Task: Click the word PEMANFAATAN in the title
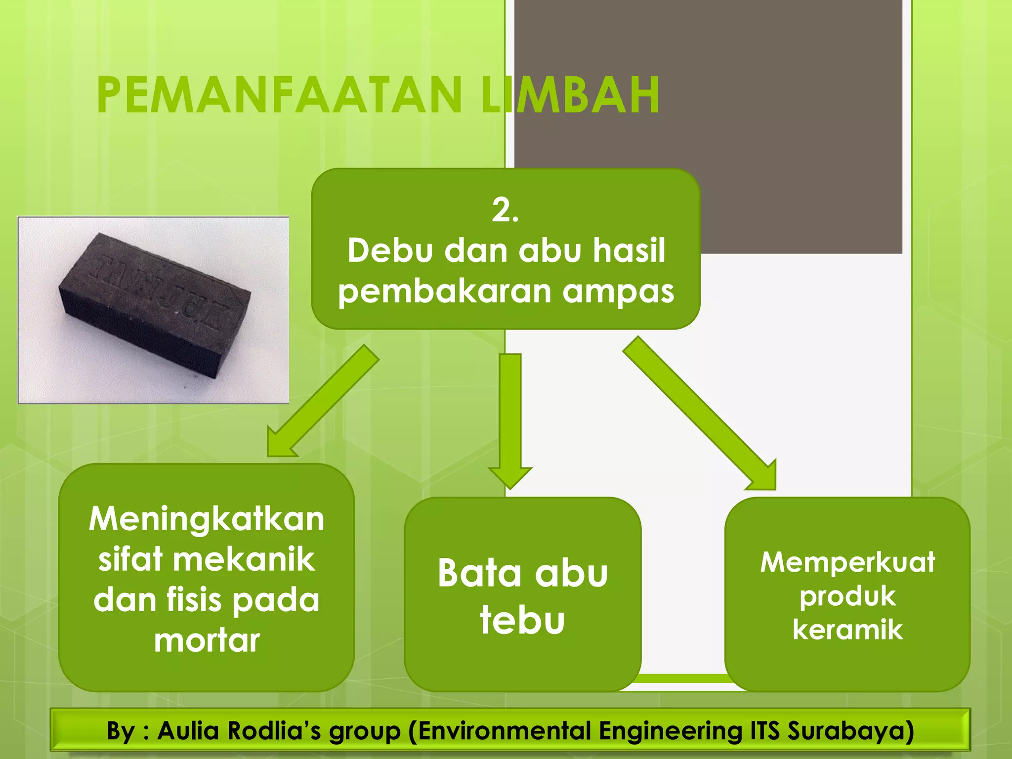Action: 279,95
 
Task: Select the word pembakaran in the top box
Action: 444,292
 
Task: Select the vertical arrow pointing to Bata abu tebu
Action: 510,420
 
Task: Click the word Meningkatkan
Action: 207,519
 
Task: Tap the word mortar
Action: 207,641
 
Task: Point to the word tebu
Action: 522,620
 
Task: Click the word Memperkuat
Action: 847,562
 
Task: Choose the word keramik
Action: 847,630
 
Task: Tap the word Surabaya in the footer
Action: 850,731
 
